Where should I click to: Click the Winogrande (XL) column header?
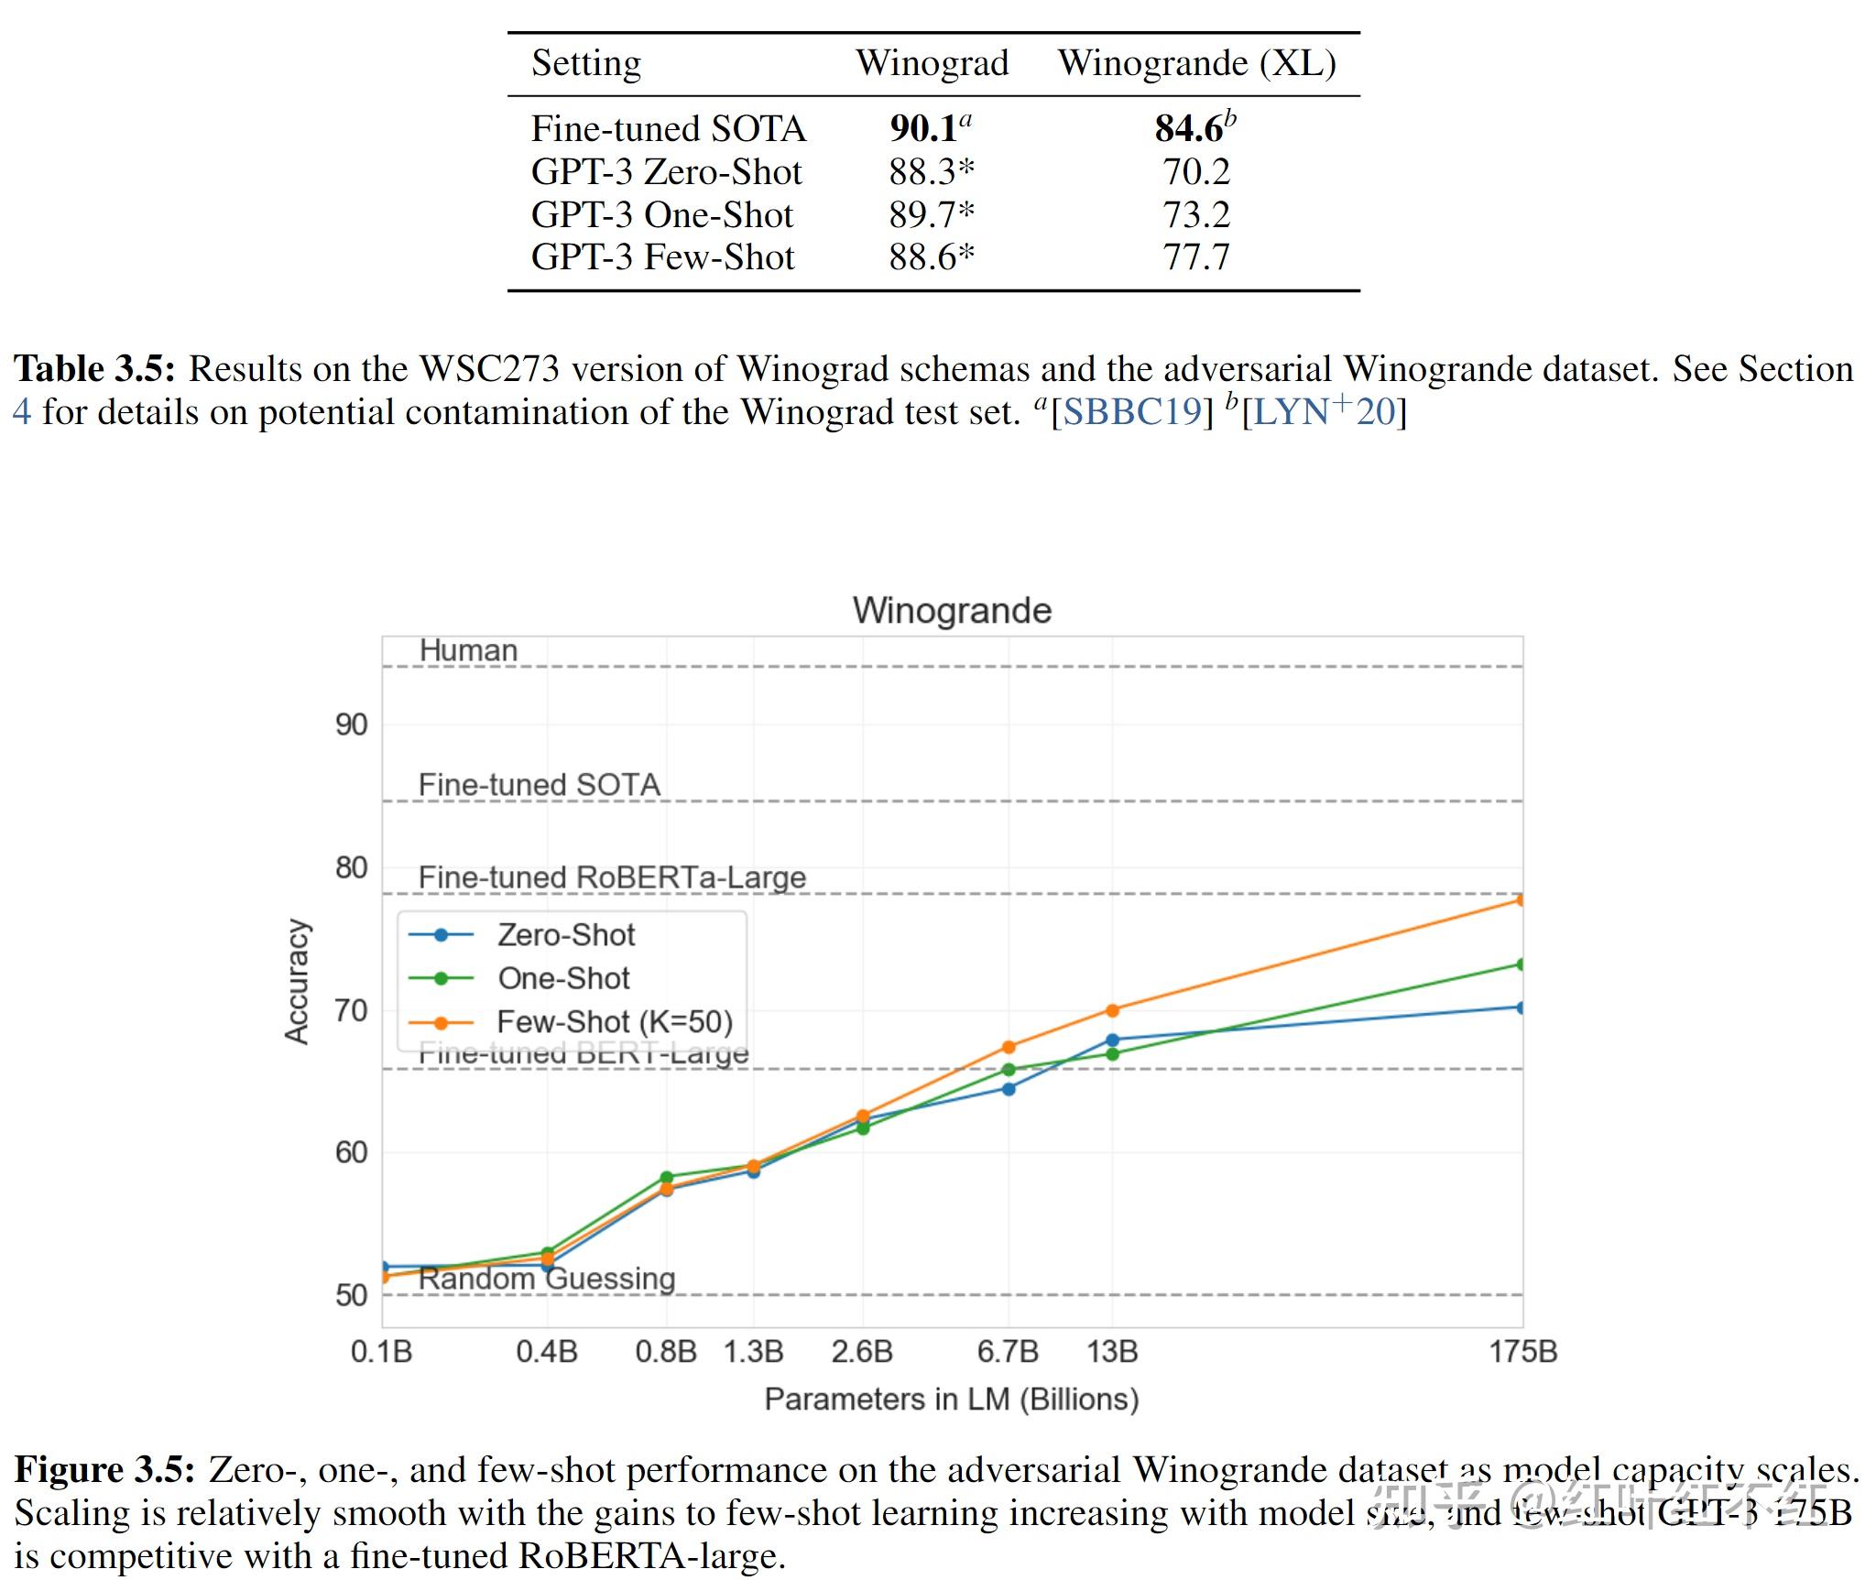1196,63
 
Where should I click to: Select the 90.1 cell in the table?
924,128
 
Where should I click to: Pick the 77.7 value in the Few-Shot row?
1195,257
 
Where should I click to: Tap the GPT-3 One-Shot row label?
661,214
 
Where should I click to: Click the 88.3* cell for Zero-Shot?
931,171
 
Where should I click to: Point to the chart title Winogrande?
952,610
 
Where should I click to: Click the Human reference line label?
468,650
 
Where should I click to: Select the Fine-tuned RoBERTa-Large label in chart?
612,877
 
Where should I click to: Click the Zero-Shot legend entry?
565,934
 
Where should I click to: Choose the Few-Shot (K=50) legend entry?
614,1021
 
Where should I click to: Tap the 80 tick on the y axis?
351,866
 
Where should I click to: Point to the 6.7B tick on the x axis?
1008,1351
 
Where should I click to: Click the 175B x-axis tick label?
1522,1351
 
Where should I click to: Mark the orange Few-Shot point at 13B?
1112,1010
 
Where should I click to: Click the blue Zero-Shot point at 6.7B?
1009,1089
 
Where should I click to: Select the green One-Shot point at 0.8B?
666,1177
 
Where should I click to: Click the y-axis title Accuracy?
297,981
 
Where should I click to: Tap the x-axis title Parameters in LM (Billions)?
952,1399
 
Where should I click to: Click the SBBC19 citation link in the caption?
1131,412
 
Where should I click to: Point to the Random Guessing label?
547,1279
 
